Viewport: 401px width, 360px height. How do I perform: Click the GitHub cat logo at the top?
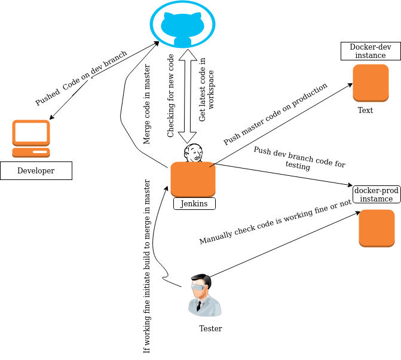click(182, 25)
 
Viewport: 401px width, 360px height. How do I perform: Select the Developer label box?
click(36, 171)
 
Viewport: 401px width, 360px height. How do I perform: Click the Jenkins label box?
click(194, 204)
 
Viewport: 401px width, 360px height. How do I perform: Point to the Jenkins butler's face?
click(193, 153)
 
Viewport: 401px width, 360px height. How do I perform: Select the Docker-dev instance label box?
click(371, 51)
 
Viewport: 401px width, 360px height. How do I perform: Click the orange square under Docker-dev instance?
click(371, 83)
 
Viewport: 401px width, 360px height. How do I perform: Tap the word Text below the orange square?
click(365, 111)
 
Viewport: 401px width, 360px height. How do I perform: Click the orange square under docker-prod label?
click(376, 228)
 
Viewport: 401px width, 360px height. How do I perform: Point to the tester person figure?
click(203, 295)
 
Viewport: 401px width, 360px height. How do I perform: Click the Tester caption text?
click(210, 329)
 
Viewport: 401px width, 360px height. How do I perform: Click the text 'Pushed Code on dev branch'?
click(81, 78)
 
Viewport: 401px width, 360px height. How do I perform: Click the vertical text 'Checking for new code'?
click(171, 96)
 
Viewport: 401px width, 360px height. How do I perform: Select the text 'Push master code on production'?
click(276, 114)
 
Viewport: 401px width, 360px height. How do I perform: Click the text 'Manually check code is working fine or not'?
click(275, 222)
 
